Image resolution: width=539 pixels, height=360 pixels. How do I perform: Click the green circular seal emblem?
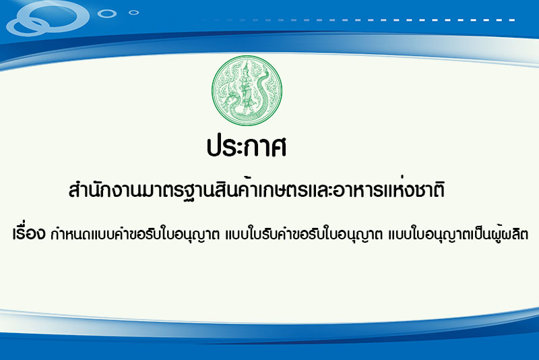click(247, 90)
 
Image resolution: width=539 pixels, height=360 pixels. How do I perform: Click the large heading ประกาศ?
click(247, 146)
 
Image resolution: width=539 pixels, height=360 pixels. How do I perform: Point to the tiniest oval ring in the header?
click(133, 13)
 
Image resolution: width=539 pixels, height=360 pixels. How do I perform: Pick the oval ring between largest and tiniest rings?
click(107, 13)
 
